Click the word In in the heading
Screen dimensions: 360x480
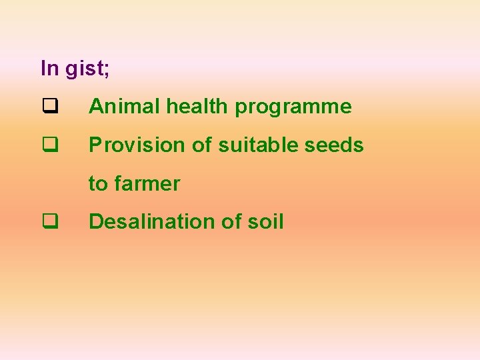pyautogui.click(x=49, y=68)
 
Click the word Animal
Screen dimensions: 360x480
pyautogui.click(x=124, y=107)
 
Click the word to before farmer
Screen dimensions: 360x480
pyautogui.click(x=98, y=183)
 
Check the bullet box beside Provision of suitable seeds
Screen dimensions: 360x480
pyautogui.click(x=49, y=145)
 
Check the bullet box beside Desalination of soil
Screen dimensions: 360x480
pyautogui.click(x=49, y=221)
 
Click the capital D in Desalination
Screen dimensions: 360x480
pyautogui.click(x=95, y=221)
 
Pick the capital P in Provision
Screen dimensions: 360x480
pyautogui.click(x=95, y=145)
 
